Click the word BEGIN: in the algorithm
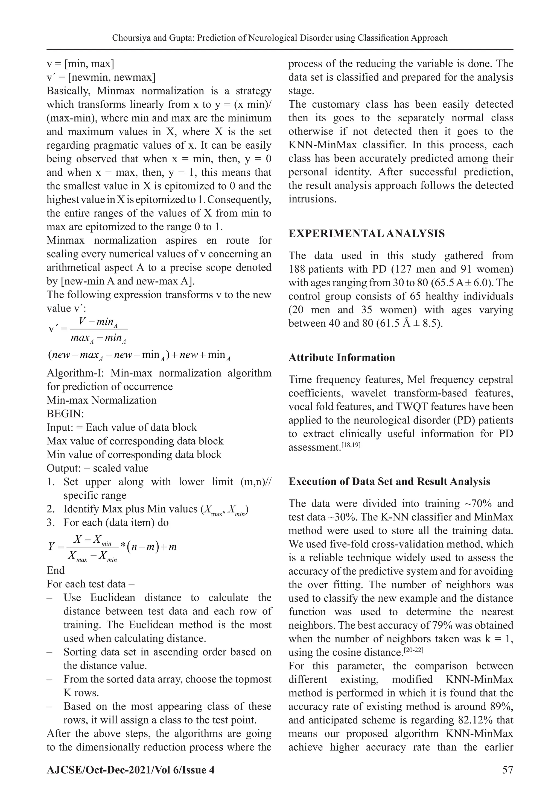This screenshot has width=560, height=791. coord(65,414)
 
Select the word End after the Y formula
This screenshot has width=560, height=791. coord(56,570)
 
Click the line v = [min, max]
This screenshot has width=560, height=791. coord(80,64)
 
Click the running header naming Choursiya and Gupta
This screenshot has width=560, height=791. coord(280,38)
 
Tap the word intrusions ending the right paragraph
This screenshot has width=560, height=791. coord(312,199)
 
